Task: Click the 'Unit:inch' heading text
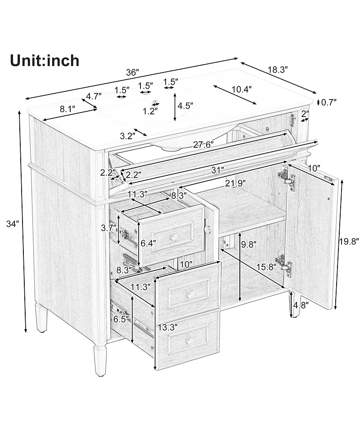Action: (45, 61)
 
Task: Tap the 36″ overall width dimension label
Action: (132, 73)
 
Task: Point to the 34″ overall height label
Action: (13, 224)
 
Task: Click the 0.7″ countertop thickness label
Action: (328, 102)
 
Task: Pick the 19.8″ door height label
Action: (349, 241)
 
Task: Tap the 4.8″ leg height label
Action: (301, 305)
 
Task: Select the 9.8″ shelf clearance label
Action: (249, 245)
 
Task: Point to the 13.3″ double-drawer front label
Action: (168, 327)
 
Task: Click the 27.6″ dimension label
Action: (203, 145)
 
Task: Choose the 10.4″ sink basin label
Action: (241, 90)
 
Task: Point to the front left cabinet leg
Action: (99, 359)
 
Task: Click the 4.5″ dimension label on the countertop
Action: (185, 106)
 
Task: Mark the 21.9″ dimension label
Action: (236, 183)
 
